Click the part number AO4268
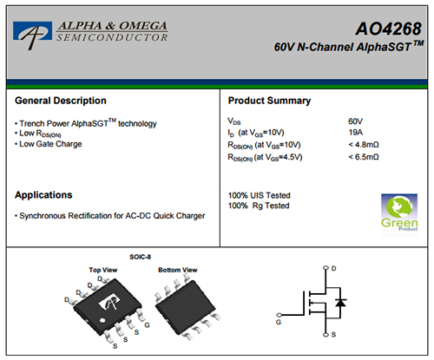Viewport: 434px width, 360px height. (x=389, y=29)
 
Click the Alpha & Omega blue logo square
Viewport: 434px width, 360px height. (x=32, y=31)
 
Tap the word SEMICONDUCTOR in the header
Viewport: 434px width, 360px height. (x=112, y=37)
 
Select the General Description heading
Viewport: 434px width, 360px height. (x=61, y=101)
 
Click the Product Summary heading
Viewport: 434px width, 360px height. (x=269, y=101)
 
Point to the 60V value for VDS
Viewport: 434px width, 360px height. (x=355, y=121)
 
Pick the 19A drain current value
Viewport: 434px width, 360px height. (x=356, y=133)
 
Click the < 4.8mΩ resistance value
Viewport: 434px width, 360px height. (x=364, y=145)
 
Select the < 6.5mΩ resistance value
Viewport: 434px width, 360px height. (x=364, y=157)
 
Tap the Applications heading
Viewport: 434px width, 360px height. (x=43, y=195)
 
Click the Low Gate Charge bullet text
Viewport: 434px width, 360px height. (x=50, y=144)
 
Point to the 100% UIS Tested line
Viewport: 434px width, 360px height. (x=259, y=195)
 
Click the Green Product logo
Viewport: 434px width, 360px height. (x=399, y=213)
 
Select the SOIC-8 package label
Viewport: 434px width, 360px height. (x=141, y=257)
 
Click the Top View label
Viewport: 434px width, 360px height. (x=103, y=270)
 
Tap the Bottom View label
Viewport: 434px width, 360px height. (x=178, y=270)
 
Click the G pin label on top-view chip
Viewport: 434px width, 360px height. (x=147, y=325)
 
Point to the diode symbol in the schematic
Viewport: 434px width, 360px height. (x=340, y=303)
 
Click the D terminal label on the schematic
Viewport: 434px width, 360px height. (x=333, y=269)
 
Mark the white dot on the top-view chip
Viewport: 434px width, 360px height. (x=102, y=320)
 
